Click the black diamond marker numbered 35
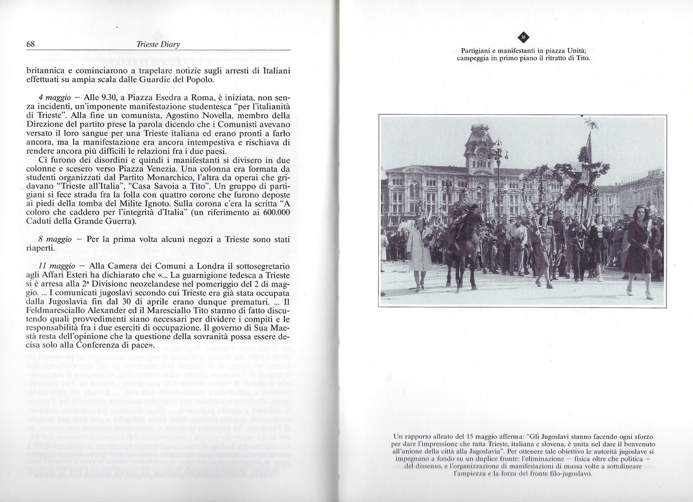[523, 37]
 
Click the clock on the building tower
[479, 153]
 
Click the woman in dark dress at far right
[639, 249]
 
